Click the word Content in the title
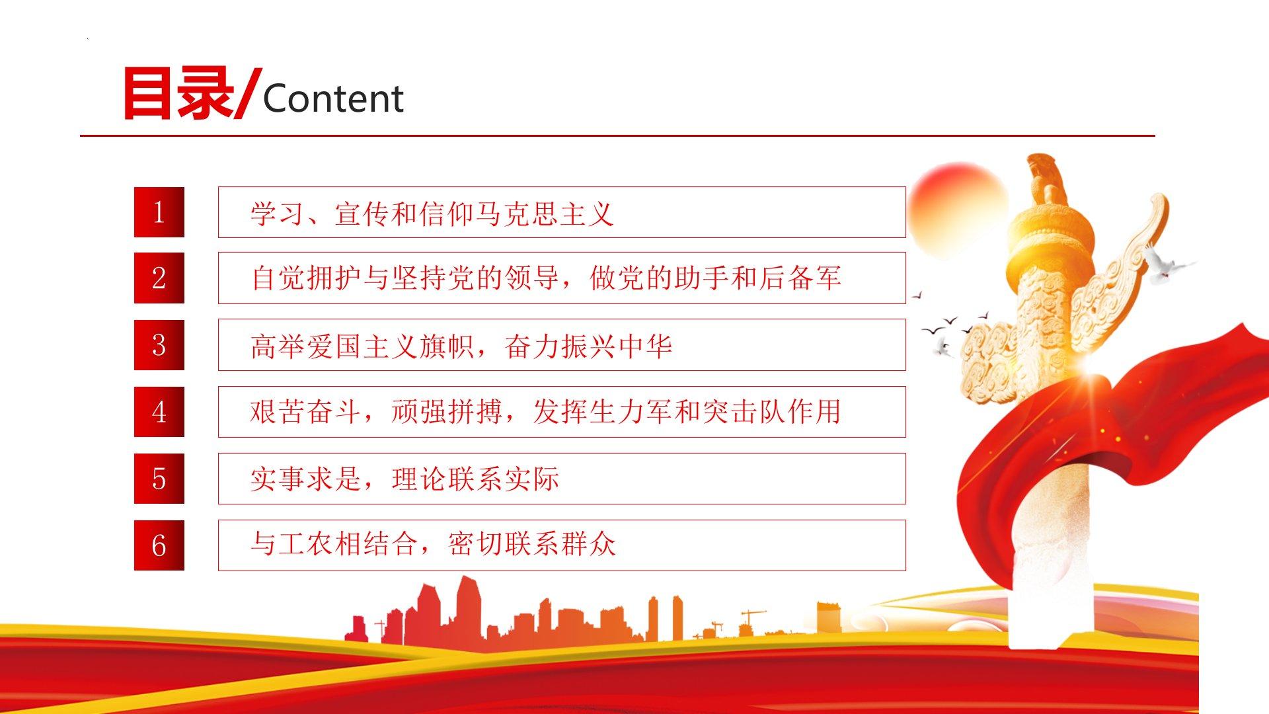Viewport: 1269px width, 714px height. [333, 99]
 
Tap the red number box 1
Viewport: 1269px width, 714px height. [159, 212]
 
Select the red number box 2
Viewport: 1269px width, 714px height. [159, 278]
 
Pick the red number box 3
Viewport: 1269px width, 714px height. [159, 345]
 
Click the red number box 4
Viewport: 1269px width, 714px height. [159, 412]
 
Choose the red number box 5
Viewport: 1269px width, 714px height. [159, 479]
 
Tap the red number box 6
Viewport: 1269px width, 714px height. [159, 545]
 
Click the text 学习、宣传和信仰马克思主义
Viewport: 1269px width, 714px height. [432, 214]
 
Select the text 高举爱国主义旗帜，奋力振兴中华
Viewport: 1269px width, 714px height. [461, 346]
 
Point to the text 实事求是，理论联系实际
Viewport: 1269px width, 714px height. [405, 479]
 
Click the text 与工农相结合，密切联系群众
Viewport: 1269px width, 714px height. [433, 544]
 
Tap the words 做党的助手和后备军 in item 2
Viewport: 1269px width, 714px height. [715, 278]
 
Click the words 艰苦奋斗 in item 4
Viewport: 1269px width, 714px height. [305, 411]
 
